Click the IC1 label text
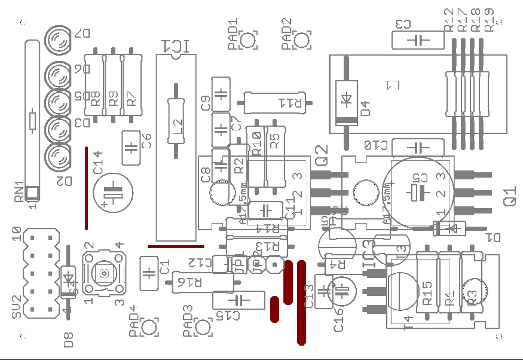(178, 47)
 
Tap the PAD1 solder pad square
(248, 40)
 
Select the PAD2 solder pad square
(302, 40)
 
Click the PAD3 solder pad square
(204, 327)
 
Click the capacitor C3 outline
(418, 40)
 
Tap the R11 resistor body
(276, 102)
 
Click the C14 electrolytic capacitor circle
(113, 193)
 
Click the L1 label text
(392, 85)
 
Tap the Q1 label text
(510, 197)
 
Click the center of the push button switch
(105, 274)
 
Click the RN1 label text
(20, 191)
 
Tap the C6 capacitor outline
(131, 147)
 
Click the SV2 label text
(17, 306)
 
